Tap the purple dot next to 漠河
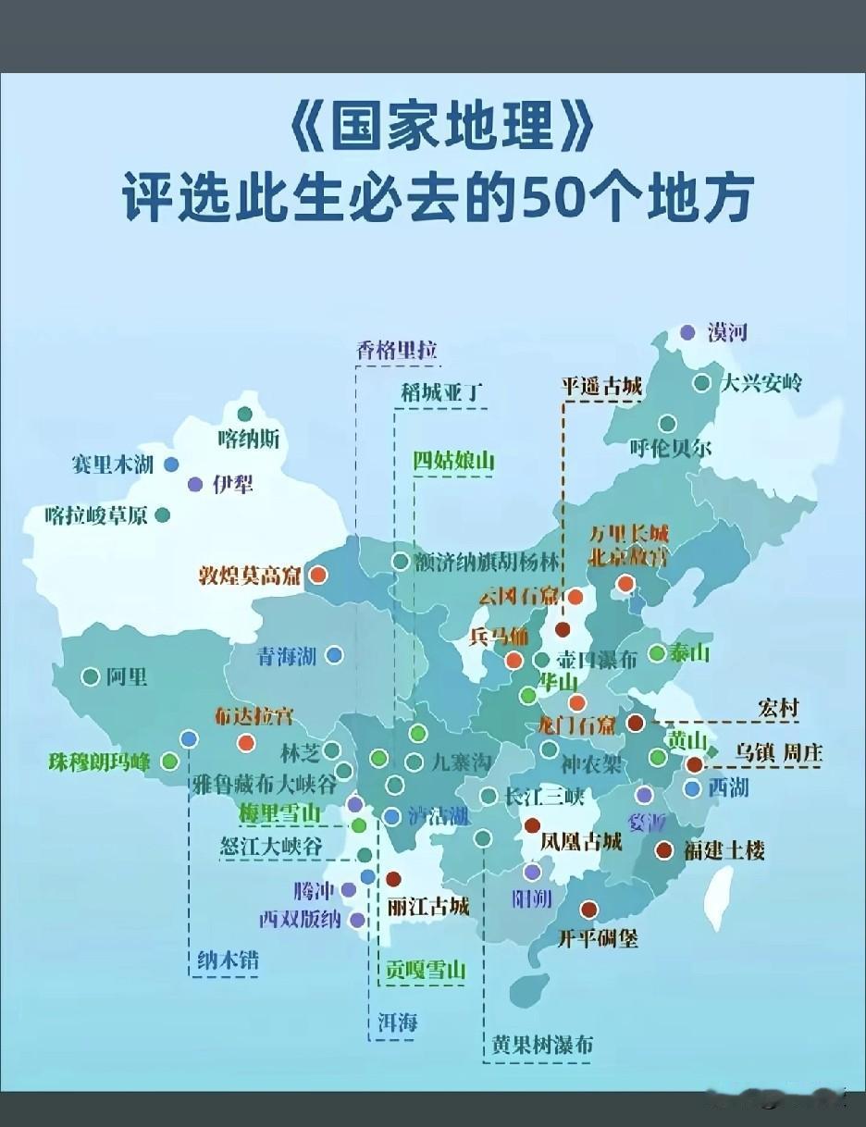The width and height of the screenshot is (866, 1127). [x=687, y=332]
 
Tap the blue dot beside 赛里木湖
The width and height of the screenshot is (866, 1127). [x=171, y=464]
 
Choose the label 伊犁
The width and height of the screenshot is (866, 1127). [x=232, y=484]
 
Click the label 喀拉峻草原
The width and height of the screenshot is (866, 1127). [x=96, y=515]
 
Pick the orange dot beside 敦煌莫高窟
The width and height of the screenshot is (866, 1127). [x=317, y=575]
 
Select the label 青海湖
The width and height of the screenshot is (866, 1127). [x=287, y=656]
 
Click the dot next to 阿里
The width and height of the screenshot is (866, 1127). [x=91, y=677]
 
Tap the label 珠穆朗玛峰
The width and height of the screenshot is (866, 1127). [x=99, y=762]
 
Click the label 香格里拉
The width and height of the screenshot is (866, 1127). [x=396, y=350]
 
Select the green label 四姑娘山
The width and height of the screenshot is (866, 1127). [x=453, y=460]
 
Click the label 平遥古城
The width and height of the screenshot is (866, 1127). [x=601, y=387]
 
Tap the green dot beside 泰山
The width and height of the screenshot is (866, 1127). [x=657, y=653]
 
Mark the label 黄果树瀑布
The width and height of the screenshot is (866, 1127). [x=542, y=1045]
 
